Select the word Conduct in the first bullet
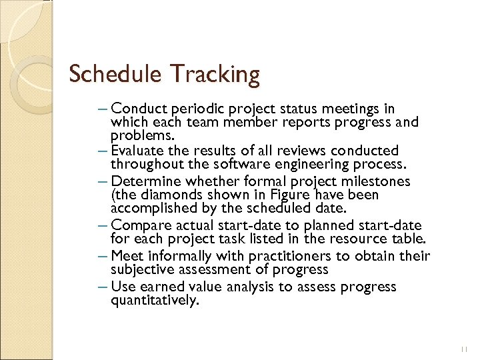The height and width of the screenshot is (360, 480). click(141, 109)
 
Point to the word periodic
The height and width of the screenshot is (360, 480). click(199, 109)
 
